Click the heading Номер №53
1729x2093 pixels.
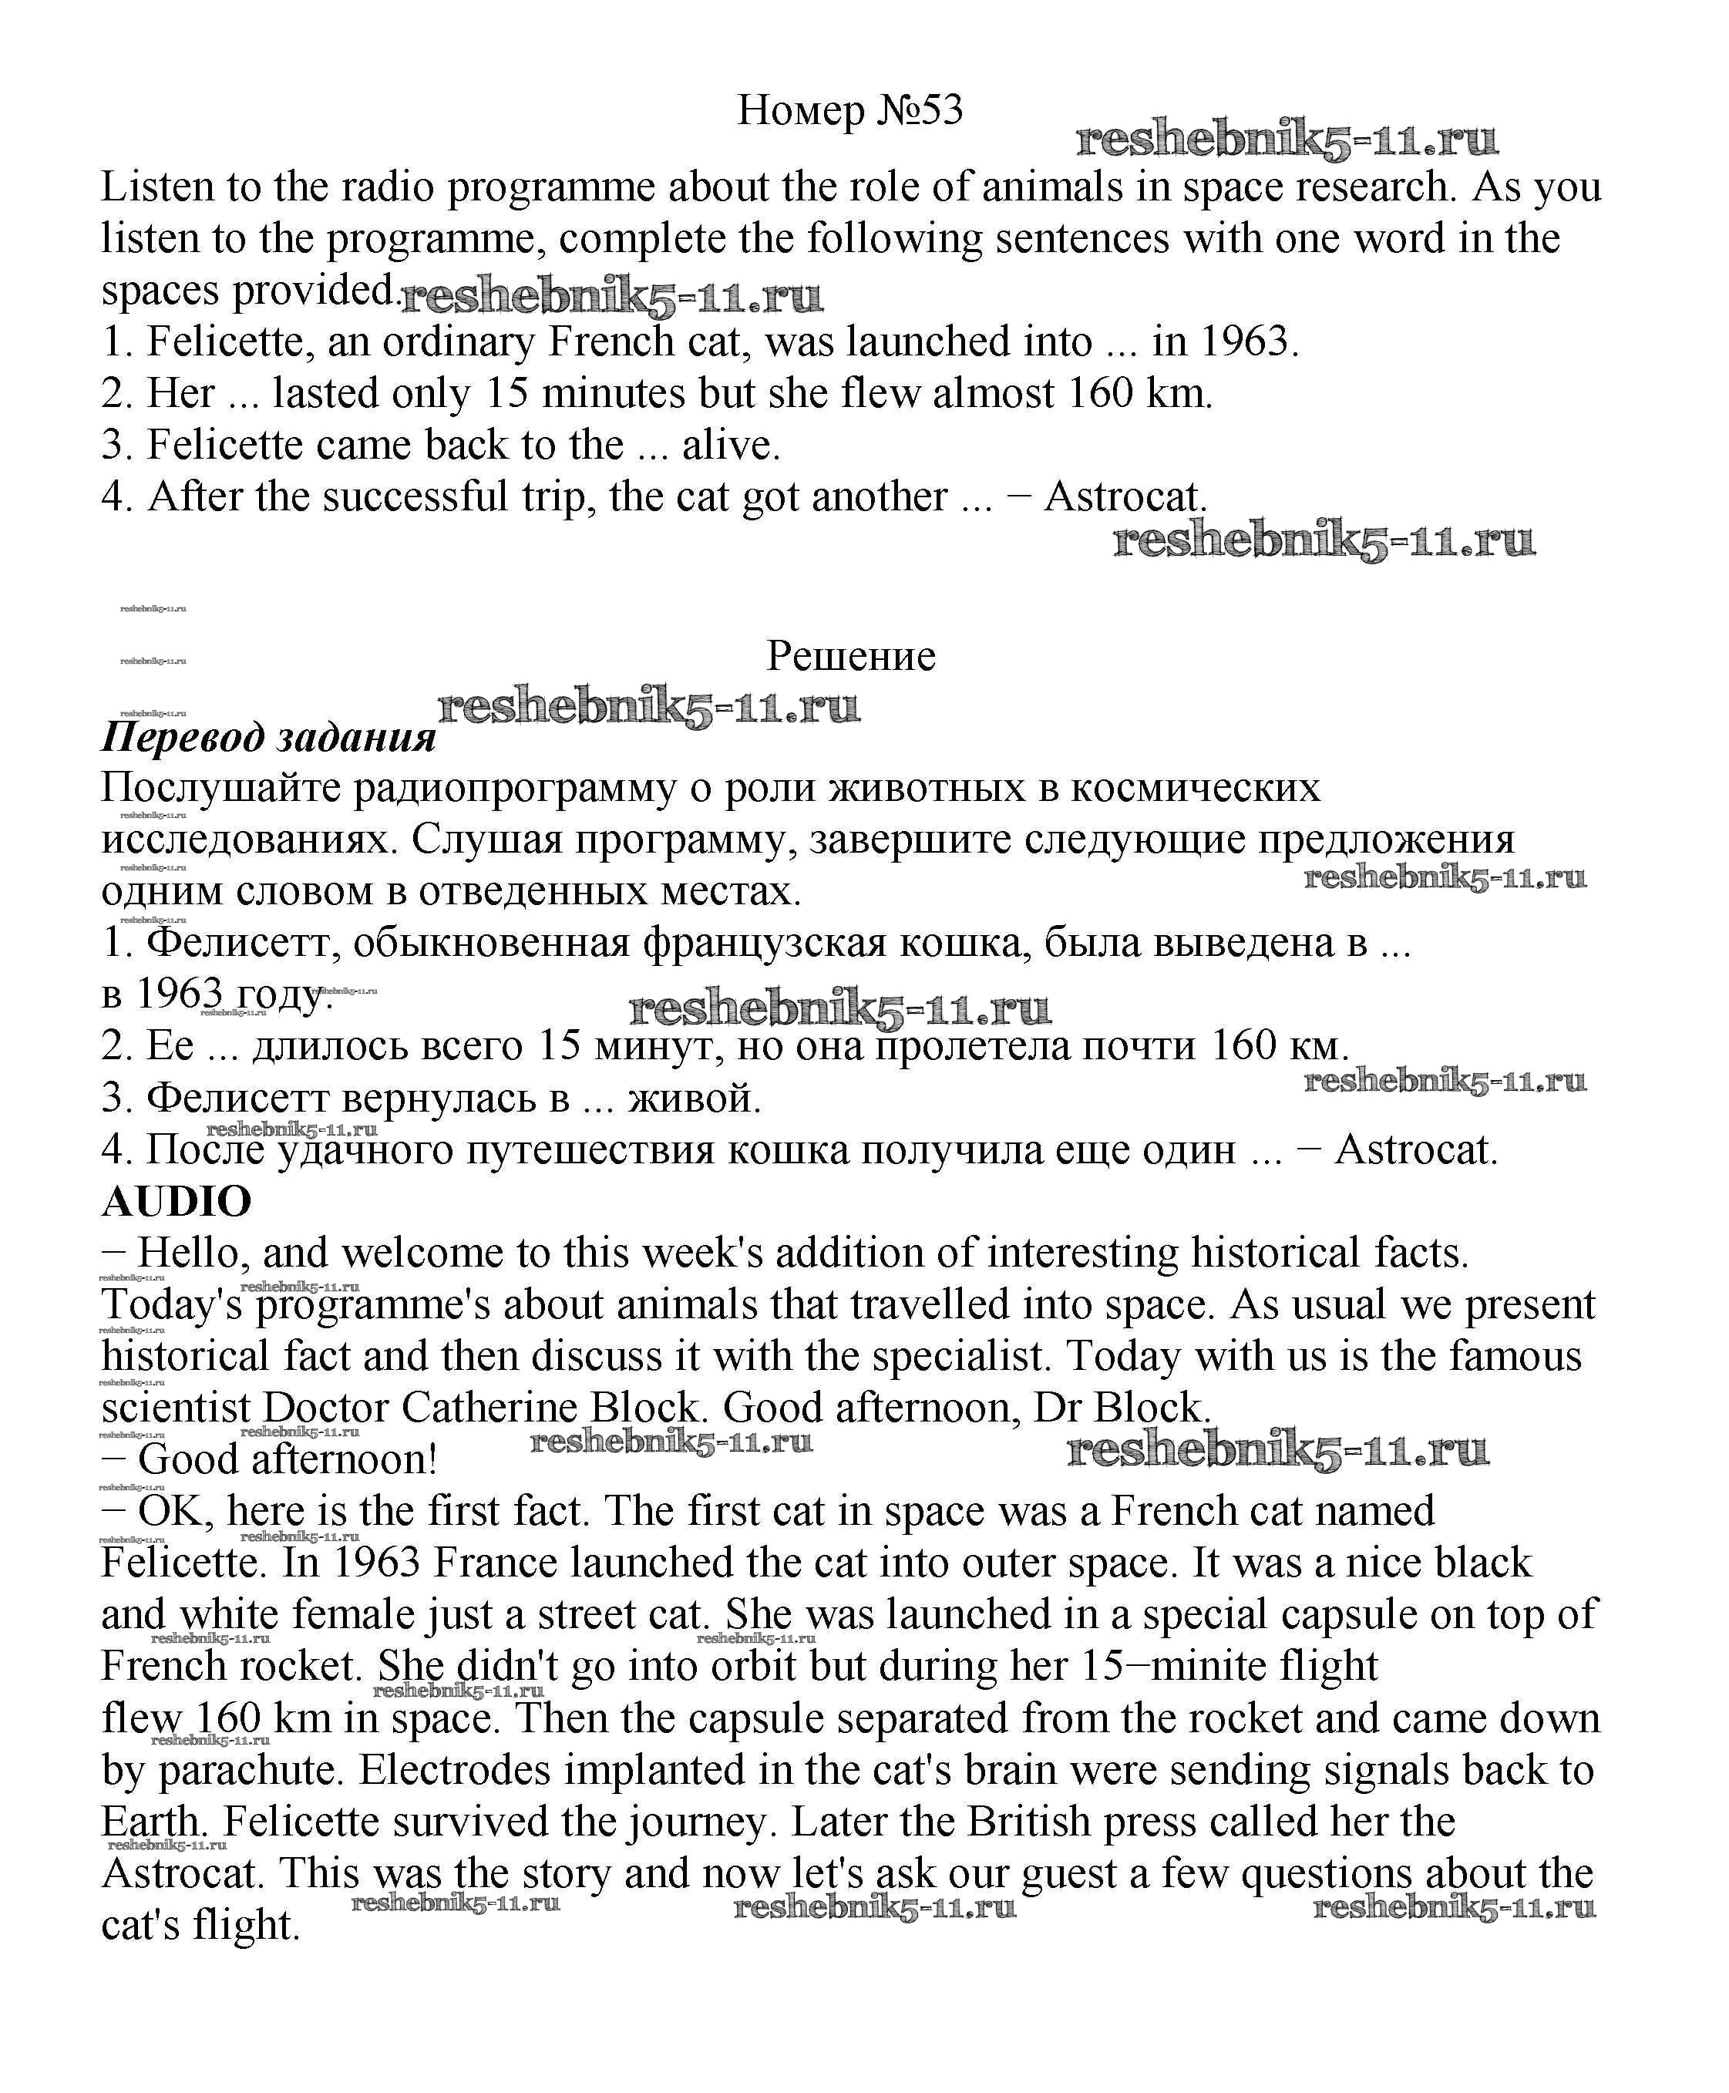(x=849, y=110)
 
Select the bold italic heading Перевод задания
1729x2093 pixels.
(x=269, y=737)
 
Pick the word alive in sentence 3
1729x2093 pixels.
(x=730, y=446)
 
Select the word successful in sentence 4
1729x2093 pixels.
(x=416, y=497)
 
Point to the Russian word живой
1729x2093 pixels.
(x=695, y=1098)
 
